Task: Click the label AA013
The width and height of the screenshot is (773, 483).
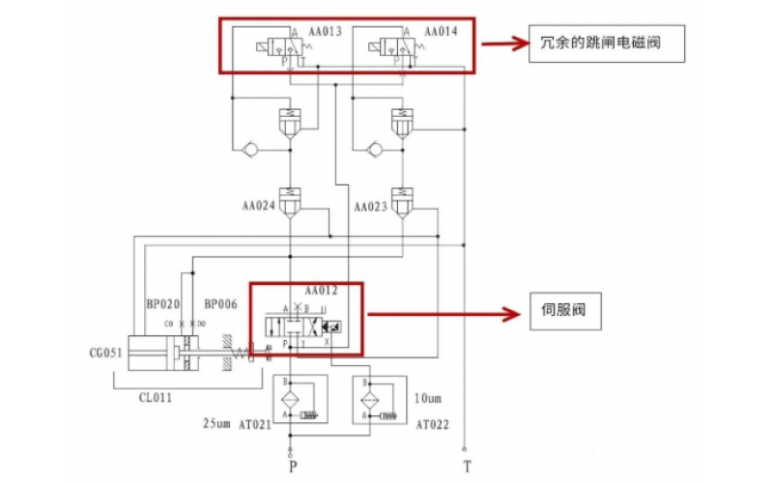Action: click(x=326, y=32)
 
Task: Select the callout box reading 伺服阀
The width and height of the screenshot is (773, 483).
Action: click(x=579, y=312)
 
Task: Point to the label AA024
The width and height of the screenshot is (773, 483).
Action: click(x=259, y=207)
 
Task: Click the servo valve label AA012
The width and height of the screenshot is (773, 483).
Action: click(x=321, y=290)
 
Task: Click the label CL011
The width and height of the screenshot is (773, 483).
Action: click(x=160, y=396)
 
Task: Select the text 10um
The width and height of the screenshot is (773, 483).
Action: click(x=431, y=397)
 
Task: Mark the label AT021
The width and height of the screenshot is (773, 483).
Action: click(x=255, y=422)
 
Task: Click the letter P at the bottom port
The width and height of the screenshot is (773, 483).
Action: click(x=291, y=467)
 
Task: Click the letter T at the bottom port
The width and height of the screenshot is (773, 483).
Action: click(x=467, y=467)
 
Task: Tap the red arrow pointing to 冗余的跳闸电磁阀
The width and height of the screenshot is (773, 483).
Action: click(x=503, y=43)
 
